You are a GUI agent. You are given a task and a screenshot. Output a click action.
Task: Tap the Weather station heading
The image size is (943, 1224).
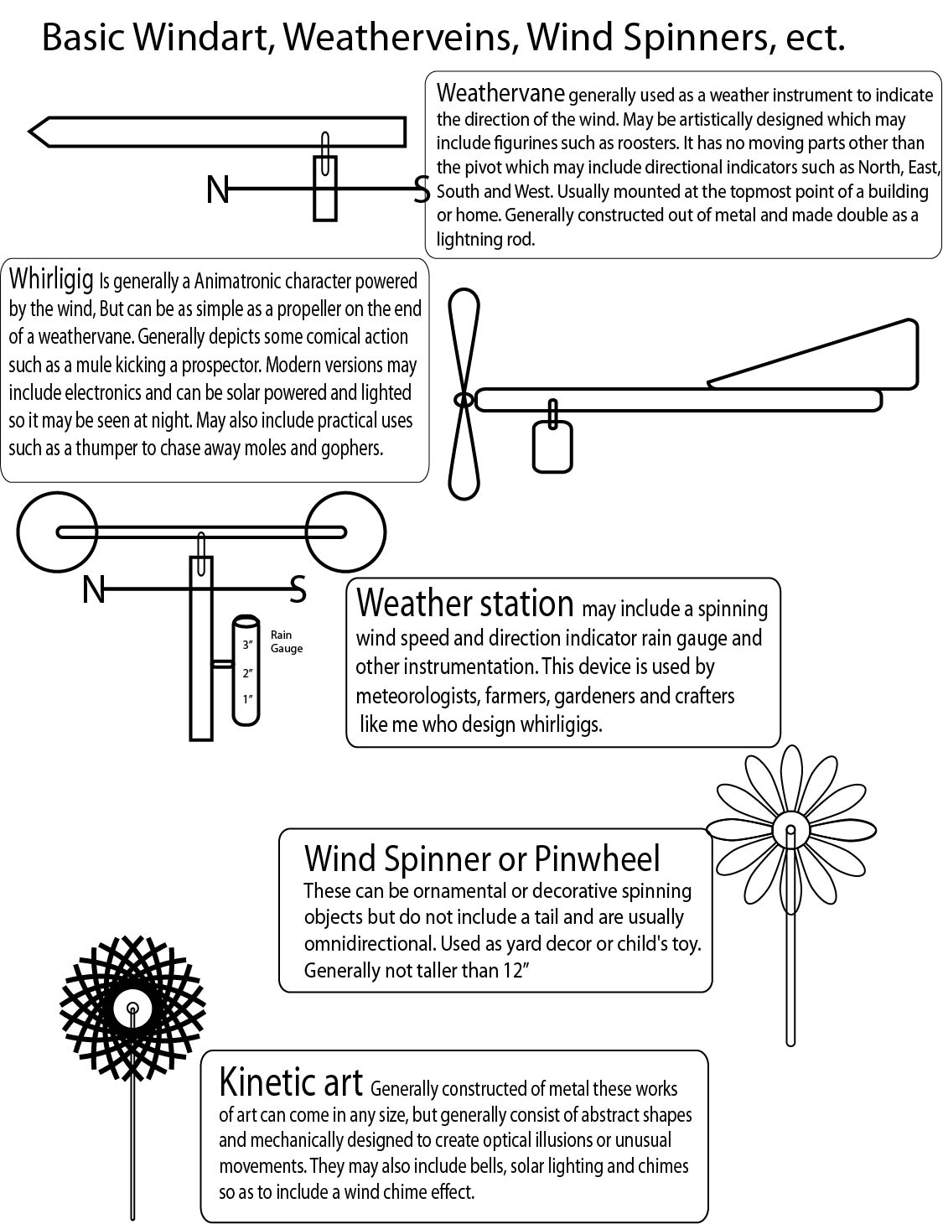coord(464,603)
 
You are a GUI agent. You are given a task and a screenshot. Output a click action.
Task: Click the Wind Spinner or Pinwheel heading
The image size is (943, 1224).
coord(482,858)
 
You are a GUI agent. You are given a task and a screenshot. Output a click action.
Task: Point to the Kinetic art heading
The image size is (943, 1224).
coord(290,1082)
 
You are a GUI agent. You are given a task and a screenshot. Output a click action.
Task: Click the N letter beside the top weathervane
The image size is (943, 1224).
coord(217,190)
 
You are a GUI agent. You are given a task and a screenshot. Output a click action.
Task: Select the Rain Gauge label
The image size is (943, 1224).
coord(286,642)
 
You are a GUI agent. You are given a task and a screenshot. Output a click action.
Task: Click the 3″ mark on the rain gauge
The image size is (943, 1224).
coord(247,646)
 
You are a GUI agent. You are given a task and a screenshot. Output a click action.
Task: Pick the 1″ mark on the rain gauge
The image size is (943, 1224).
coord(247,698)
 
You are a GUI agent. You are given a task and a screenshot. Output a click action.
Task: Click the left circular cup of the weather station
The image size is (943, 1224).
coord(56,532)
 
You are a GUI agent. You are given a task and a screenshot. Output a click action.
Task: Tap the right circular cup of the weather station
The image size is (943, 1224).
coord(345,532)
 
